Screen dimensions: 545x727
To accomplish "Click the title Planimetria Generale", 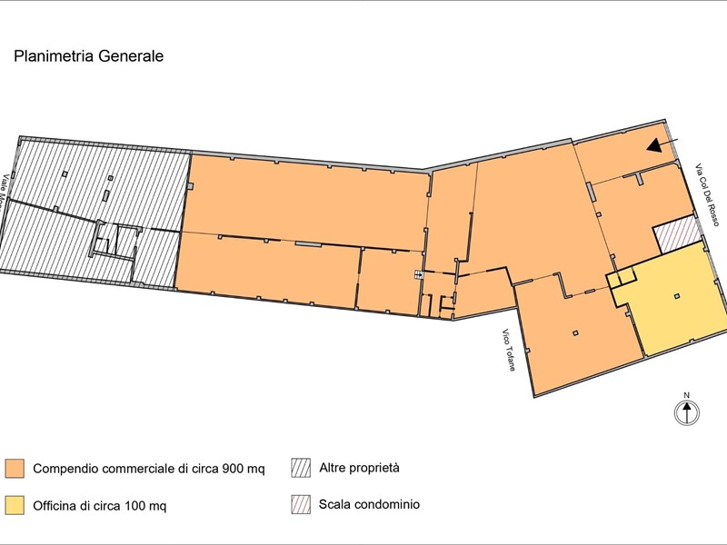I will click(x=88, y=56).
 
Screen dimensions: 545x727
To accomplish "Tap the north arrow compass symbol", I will click(x=687, y=413).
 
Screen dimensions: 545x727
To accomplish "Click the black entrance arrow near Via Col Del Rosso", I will click(x=654, y=144).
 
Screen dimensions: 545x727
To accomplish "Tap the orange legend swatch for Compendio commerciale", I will click(x=14, y=469).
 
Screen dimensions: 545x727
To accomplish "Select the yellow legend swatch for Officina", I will click(x=14, y=504).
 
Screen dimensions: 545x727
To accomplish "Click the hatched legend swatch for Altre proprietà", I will click(x=301, y=468).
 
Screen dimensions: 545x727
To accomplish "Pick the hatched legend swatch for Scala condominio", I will click(x=301, y=504).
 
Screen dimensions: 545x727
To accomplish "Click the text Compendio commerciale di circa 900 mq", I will click(x=149, y=470).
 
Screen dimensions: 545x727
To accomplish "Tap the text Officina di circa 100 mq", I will click(x=100, y=505).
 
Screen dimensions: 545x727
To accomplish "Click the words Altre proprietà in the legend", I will click(x=360, y=469).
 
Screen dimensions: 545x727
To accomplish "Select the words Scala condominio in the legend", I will click(x=369, y=505).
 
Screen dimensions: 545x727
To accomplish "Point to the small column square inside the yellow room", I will click(x=677, y=297).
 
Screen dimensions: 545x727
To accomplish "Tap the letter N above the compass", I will click(x=687, y=394).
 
